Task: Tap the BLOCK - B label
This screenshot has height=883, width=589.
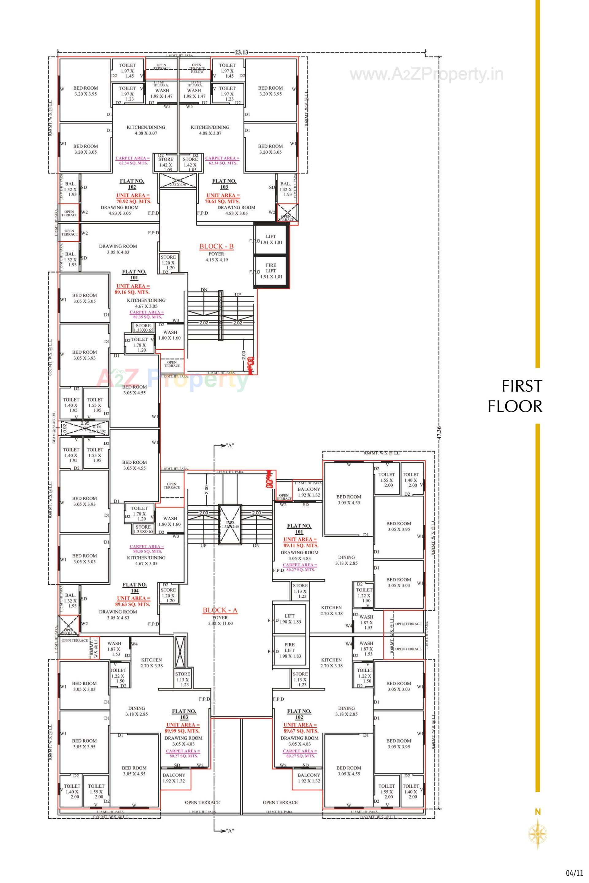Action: (x=216, y=246)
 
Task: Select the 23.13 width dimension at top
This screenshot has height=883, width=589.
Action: (x=241, y=52)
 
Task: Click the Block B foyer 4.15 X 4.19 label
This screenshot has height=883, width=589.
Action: (x=216, y=259)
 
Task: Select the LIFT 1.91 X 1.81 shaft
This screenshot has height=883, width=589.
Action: (x=271, y=239)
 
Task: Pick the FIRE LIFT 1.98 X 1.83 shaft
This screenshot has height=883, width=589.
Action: (x=289, y=650)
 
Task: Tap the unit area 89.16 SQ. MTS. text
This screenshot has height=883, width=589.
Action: (x=132, y=292)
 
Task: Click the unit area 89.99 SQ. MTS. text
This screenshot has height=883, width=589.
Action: (x=183, y=731)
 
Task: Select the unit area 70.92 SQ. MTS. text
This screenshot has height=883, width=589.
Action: (x=133, y=201)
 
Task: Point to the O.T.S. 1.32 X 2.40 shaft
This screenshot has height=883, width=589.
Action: (x=229, y=524)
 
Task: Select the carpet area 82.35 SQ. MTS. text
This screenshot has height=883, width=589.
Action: (x=147, y=317)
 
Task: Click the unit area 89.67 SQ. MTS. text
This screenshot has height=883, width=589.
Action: (x=301, y=731)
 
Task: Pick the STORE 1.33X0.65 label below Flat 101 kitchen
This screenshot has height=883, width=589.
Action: (x=144, y=328)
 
